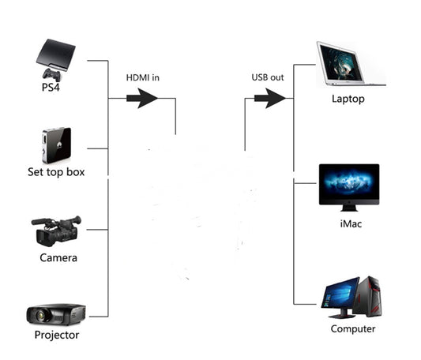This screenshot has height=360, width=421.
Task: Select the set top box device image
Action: tap(56, 145)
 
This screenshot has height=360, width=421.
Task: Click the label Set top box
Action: tap(56, 172)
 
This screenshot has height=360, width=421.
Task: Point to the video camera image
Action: tap(57, 230)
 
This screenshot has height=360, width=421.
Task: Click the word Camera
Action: tap(58, 258)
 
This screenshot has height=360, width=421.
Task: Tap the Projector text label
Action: tap(57, 335)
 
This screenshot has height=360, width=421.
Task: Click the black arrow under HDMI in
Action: tap(143, 99)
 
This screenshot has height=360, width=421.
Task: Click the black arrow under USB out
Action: tap(269, 99)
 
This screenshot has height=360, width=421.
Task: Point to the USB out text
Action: tap(269, 77)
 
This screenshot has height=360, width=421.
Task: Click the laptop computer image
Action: tap(350, 65)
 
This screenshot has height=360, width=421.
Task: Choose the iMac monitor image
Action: tap(348, 186)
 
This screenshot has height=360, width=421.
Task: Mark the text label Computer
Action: tap(353, 329)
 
